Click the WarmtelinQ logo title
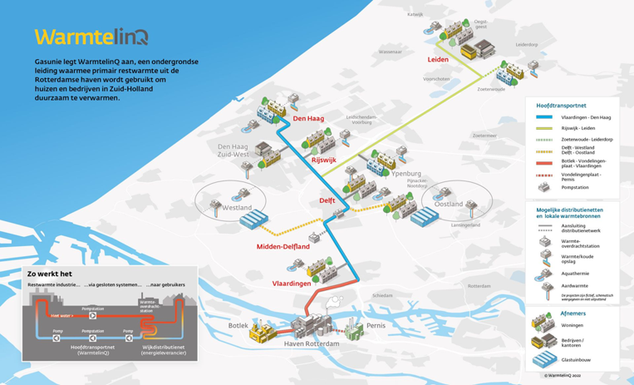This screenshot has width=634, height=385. click(x=91, y=37)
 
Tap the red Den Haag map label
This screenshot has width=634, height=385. click(x=308, y=119)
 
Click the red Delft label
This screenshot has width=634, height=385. click(x=328, y=200)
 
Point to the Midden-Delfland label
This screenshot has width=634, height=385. click(x=283, y=247)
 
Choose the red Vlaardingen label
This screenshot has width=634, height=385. click(x=292, y=284)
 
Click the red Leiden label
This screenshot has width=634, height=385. click(x=438, y=60)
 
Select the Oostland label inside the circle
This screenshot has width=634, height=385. click(x=449, y=204)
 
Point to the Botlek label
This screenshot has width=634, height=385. click(x=238, y=325)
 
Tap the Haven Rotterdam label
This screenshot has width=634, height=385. click(x=312, y=344)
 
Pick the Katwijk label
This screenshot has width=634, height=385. click(x=415, y=14)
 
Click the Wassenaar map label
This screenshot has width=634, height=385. click(x=390, y=52)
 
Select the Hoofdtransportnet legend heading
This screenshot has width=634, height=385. click(x=562, y=106)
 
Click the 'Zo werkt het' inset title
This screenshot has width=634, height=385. click(x=50, y=273)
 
